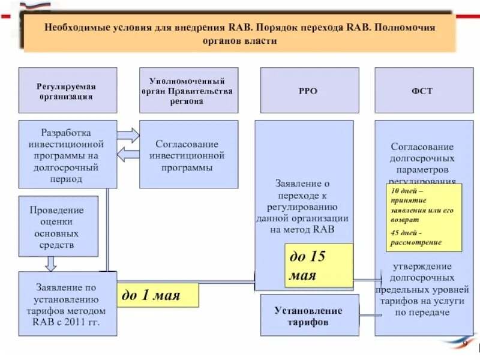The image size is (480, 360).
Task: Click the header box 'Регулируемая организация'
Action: pyautogui.click(x=68, y=91)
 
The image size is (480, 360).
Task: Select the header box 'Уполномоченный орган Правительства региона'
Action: pyautogui.click(x=189, y=91)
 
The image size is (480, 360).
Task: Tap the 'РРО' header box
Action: pyautogui.click(x=309, y=91)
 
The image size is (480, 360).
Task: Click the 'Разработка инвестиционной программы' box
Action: pyautogui.click(x=67, y=154)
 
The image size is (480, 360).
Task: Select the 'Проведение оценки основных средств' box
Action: pyautogui.click(x=58, y=226)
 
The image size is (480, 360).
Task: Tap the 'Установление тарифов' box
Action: pyautogui.click(x=309, y=316)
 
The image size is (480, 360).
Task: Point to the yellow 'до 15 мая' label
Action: pyautogui.click(x=319, y=266)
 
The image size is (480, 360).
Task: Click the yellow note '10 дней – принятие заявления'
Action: pyautogui.click(x=424, y=217)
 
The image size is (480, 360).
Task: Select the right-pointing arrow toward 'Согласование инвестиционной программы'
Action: pyautogui.click(x=127, y=134)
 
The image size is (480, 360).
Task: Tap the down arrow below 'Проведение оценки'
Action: pyautogui.click(x=51, y=264)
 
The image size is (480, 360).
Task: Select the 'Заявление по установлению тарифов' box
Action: pyautogui.click(x=67, y=303)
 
